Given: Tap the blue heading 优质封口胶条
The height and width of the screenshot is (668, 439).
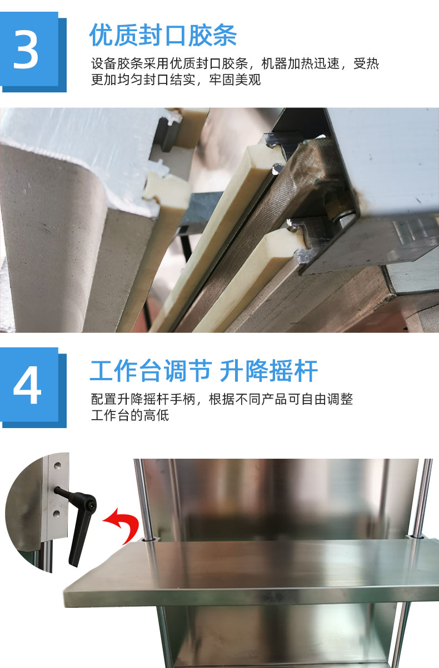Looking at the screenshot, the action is tap(163, 35).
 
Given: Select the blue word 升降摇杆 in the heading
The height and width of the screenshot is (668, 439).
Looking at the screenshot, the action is tap(269, 371).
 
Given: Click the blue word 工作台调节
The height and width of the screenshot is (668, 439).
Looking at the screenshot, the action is tap(151, 371).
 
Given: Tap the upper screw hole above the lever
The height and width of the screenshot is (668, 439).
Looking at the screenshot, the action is tap(57, 465).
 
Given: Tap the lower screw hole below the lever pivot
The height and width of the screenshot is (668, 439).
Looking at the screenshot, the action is tap(56, 513).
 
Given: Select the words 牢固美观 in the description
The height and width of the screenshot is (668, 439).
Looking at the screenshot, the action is tap(235, 80).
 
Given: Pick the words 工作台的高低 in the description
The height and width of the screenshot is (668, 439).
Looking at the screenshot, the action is tap(130, 415).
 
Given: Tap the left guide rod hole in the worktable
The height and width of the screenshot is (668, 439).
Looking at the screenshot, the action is tap(149, 539).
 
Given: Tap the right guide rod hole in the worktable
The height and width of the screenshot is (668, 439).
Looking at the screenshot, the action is tap(416, 537).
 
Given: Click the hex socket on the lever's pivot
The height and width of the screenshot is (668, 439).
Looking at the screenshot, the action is tap(91, 504).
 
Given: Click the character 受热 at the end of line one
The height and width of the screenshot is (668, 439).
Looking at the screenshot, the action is tap(366, 63).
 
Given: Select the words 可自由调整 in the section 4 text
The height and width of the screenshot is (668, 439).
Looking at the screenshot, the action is tap(320, 399).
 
